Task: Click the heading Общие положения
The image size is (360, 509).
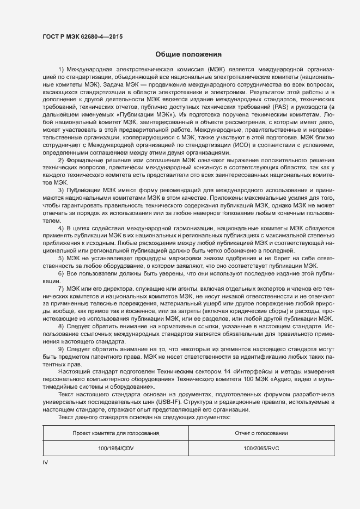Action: [188, 54]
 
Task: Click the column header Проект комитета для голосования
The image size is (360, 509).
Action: [115, 433]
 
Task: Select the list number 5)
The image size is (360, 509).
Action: [62, 258]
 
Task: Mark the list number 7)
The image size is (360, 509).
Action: [62, 287]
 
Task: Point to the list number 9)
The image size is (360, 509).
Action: [62, 348]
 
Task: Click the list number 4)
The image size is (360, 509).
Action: [62, 228]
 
